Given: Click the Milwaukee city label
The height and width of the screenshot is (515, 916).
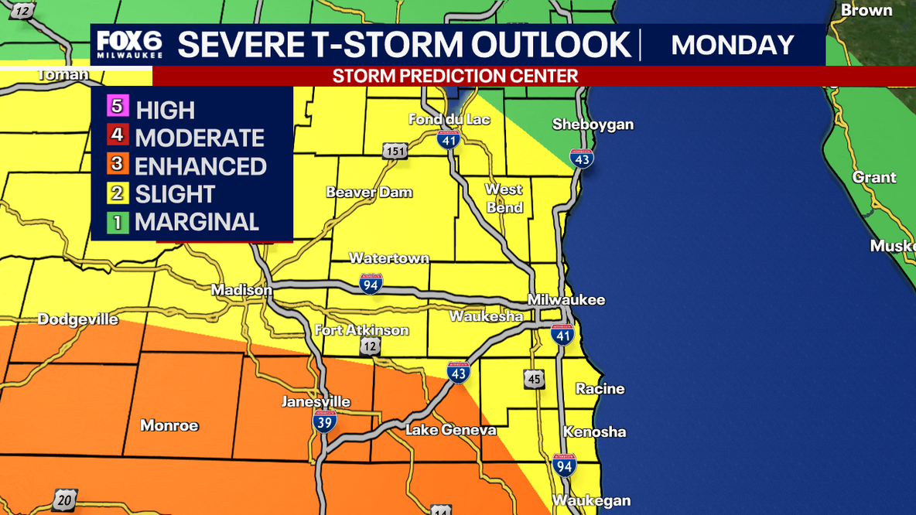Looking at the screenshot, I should [566, 300].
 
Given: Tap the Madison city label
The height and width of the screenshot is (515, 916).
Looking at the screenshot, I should [242, 290].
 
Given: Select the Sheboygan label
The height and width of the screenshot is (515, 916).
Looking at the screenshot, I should [593, 124].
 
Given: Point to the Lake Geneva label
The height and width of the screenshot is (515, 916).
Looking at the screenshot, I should [451, 430].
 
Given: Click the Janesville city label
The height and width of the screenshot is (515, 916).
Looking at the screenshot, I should [316, 402].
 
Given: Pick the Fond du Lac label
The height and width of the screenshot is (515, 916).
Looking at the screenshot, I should [449, 119].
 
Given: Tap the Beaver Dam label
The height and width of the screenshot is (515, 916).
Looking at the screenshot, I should [369, 193].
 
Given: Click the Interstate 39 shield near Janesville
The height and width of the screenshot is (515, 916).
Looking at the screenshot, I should [324, 421].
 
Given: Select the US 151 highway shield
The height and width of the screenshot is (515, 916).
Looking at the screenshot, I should [395, 151].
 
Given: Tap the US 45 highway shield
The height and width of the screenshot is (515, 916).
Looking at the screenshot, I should [533, 379].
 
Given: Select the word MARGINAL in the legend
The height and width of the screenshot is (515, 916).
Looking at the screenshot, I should [197, 222].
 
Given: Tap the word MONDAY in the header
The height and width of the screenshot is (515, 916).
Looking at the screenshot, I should [732, 45].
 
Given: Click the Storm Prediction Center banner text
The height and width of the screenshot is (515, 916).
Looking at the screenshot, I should [455, 76].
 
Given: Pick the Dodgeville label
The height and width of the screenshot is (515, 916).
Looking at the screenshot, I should [78, 319].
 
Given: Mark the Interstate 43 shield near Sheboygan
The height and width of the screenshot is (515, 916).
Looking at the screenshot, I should [582, 158].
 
